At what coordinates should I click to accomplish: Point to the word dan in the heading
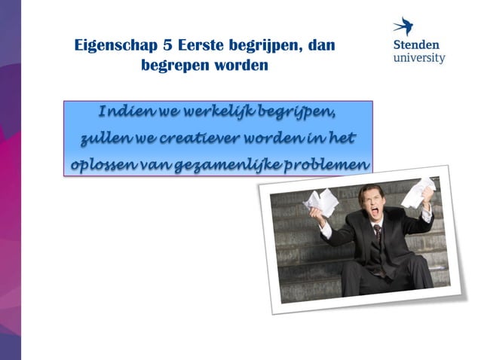click(321, 46)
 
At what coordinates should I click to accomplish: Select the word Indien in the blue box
click(124, 113)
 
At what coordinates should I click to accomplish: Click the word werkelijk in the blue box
click(215, 113)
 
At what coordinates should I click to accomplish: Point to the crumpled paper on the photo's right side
click(419, 192)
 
